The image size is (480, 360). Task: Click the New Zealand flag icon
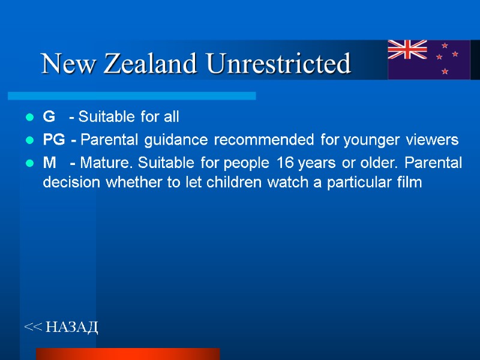click(x=429, y=59)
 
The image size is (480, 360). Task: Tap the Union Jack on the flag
click(x=407, y=50)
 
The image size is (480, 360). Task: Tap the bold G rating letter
click(x=49, y=116)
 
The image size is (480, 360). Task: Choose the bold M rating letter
click(x=49, y=163)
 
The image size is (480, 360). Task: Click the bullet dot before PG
click(x=29, y=141)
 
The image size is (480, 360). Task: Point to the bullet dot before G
click(x=29, y=116)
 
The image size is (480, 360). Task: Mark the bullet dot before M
click(x=29, y=163)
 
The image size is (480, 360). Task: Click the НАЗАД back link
click(x=61, y=327)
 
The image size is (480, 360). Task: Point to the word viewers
click(x=431, y=140)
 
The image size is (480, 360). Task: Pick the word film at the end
click(x=411, y=182)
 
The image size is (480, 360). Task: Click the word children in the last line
click(x=230, y=182)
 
